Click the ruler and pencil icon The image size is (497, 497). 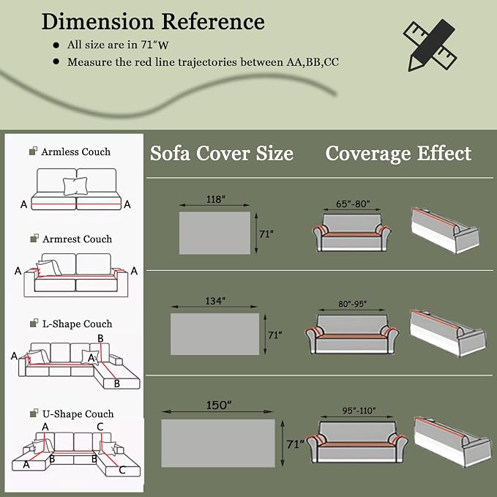(430, 45)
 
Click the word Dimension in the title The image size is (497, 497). (98, 21)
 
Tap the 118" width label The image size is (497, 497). (215, 199)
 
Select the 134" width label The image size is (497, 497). (215, 301)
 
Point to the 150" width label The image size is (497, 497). (219, 405)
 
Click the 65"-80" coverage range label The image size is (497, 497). (353, 203)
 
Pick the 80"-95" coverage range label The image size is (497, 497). (352, 304)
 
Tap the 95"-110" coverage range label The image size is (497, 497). (359, 411)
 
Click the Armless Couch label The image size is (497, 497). (75, 152)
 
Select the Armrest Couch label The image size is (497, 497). (77, 239)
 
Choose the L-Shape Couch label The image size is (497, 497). (78, 324)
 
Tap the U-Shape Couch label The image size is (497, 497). (78, 414)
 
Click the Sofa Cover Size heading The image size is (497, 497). (222, 154)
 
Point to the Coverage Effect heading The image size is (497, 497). (398, 154)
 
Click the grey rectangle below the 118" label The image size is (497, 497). (214, 233)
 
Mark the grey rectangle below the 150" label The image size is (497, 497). (218, 443)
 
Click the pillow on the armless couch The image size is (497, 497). (75, 186)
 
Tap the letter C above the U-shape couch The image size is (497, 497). (100, 427)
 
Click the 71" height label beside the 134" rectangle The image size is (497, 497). (274, 335)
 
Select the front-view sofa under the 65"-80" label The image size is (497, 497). (352, 233)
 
